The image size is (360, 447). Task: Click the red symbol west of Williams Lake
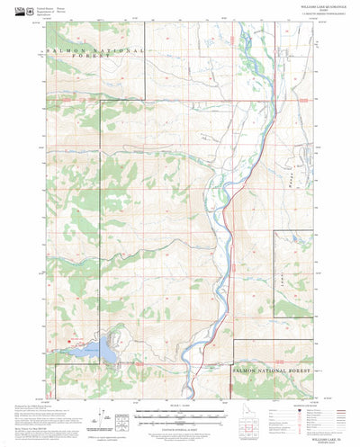pyautogui.click(x=70, y=339)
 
